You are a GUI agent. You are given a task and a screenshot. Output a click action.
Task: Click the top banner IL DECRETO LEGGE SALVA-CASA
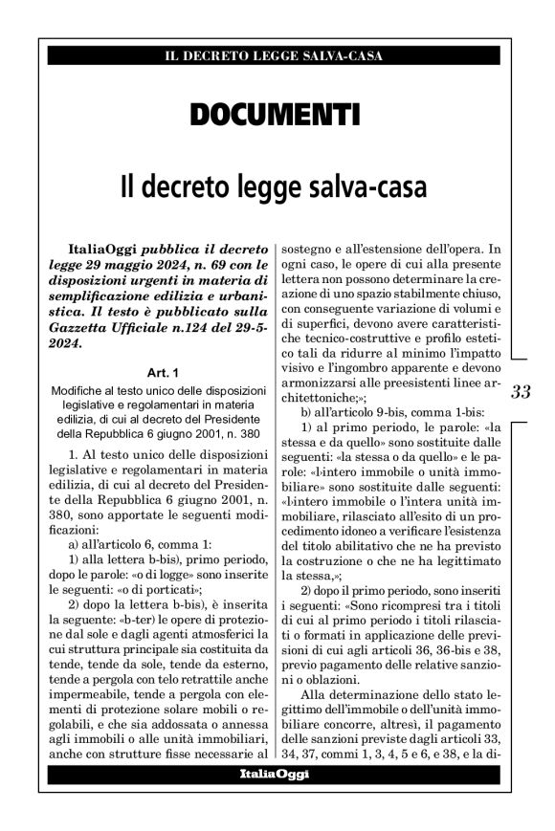point(277,55)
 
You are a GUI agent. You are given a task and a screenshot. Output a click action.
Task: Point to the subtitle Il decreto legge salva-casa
point(277,184)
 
